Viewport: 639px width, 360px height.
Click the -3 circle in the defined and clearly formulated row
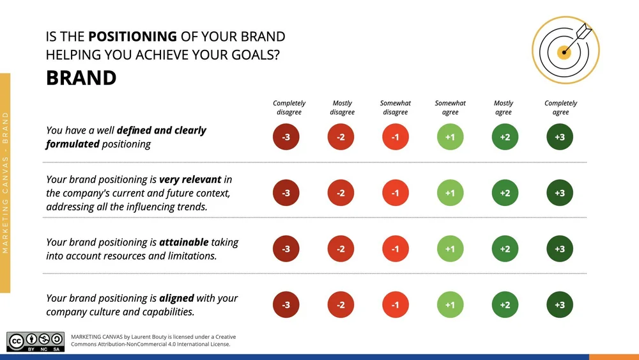(286, 137)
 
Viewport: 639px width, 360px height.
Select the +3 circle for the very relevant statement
(560, 193)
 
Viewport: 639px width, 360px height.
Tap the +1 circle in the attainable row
(450, 249)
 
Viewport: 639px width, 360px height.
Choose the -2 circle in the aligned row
(341, 305)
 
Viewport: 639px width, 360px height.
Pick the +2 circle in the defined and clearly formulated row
(505, 137)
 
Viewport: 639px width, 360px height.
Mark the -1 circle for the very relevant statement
(395, 193)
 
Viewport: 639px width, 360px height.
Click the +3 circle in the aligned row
(560, 305)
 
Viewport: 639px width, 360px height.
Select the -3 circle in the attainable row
(286, 249)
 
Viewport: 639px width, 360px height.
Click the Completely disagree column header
(289, 107)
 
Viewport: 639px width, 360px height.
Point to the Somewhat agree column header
(450, 107)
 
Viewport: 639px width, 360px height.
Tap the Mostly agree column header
(504, 107)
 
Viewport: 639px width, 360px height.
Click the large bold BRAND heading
(81, 78)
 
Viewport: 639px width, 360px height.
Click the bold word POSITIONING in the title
(132, 36)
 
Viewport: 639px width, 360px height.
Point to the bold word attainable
(185, 242)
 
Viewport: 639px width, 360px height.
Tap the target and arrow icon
(565, 50)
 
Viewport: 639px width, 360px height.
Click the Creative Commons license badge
(35, 341)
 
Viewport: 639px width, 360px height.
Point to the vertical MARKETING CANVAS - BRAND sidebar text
(5, 183)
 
